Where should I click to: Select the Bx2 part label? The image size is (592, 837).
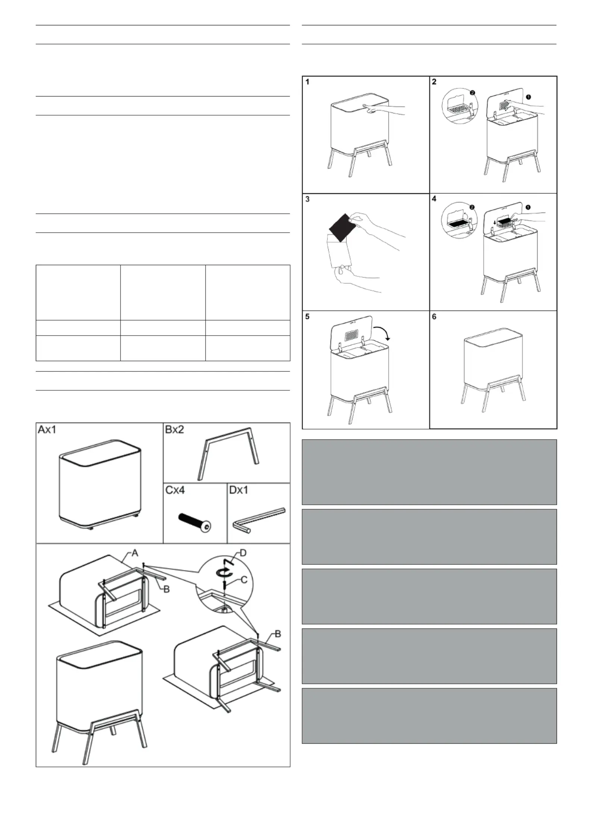click(x=174, y=430)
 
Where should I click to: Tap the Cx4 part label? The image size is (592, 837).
click(x=175, y=490)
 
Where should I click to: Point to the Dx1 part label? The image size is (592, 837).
click(x=238, y=490)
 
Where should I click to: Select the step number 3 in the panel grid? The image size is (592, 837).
click(x=307, y=199)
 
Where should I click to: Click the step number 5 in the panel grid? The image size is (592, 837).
click(x=308, y=317)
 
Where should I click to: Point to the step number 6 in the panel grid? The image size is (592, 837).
click(x=434, y=317)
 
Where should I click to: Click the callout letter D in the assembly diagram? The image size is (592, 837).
click(x=243, y=552)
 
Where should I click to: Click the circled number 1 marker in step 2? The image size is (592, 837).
click(x=528, y=97)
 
